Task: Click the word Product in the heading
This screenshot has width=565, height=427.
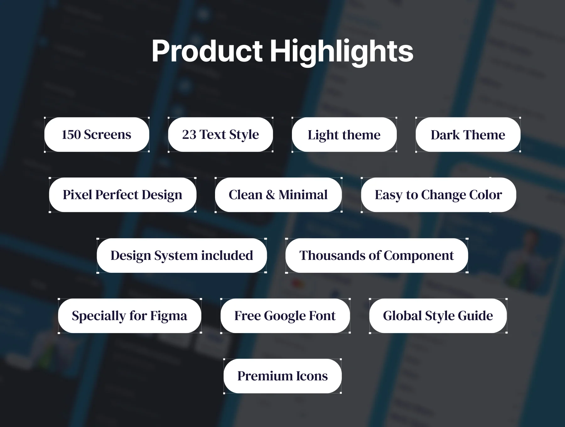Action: pos(207,51)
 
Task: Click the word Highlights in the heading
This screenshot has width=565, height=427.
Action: pos(342,52)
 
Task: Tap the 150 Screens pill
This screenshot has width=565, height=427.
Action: pos(97,135)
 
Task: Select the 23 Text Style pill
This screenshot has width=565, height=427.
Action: pos(220,135)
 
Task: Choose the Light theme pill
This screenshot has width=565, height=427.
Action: pos(344,135)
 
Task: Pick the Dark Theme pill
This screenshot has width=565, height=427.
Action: pos(468,135)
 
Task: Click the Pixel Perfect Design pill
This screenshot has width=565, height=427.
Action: pos(123,195)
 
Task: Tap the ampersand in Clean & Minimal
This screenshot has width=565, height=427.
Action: pos(270,195)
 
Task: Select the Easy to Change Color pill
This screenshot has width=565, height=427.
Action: pos(439,195)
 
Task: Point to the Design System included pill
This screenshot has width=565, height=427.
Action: pos(182,256)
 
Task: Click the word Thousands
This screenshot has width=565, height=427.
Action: pos(332,256)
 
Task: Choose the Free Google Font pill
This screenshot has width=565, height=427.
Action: pos(285,316)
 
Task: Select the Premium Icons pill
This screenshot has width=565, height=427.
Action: pos(282,376)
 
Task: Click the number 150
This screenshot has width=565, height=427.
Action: pos(71,135)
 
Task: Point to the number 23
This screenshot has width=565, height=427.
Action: pos(189,135)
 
